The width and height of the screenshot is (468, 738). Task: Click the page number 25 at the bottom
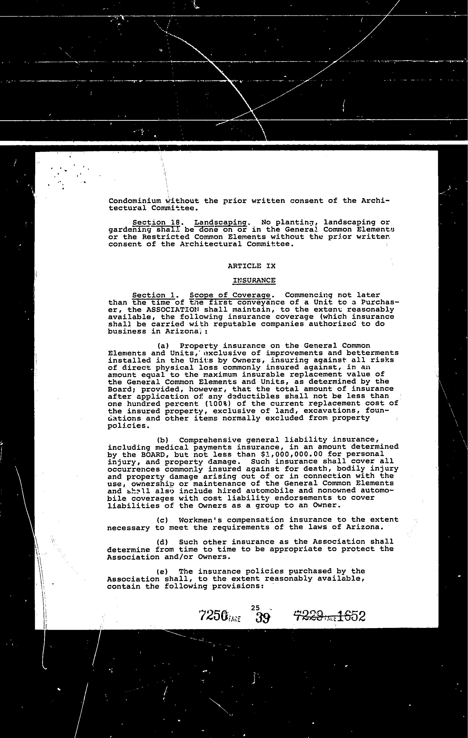pyautogui.click(x=255, y=608)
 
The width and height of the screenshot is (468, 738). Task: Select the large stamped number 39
pyautogui.click(x=263, y=617)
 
